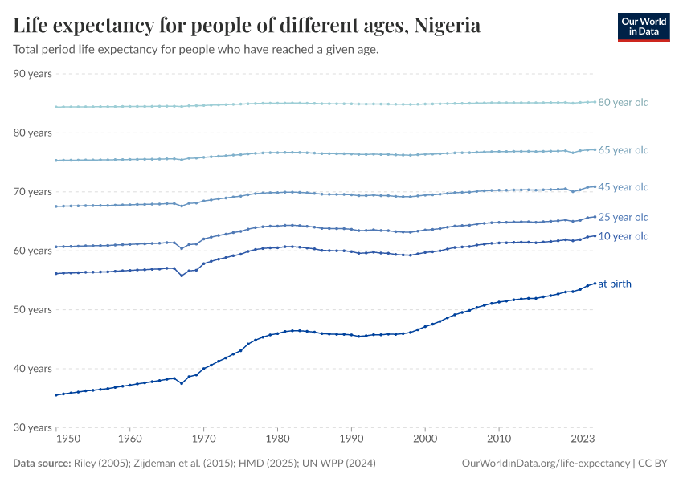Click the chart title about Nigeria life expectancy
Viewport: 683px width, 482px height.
pyautogui.click(x=247, y=26)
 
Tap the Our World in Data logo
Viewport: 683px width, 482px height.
pyautogui.click(x=643, y=27)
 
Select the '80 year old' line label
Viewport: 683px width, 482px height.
pyautogui.click(x=623, y=103)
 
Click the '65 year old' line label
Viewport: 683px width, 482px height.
pyautogui.click(x=623, y=150)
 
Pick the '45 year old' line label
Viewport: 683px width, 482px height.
pyautogui.click(x=623, y=187)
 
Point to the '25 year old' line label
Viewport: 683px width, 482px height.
pyautogui.click(x=623, y=217)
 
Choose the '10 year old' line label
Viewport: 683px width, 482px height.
pyautogui.click(x=623, y=236)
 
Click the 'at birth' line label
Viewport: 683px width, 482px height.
pyautogui.click(x=615, y=284)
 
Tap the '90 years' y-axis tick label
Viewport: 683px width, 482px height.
pyautogui.click(x=33, y=74)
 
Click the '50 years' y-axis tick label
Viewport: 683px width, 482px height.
pyautogui.click(x=33, y=309)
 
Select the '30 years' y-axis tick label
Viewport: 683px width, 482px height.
pyautogui.click(x=33, y=427)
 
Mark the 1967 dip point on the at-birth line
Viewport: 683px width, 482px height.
pyautogui.click(x=182, y=383)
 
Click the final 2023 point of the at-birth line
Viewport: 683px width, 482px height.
pyautogui.click(x=595, y=284)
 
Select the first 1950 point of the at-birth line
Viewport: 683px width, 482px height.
pyautogui.click(x=55, y=394)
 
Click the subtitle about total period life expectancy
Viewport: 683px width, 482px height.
pyautogui.click(x=196, y=50)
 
